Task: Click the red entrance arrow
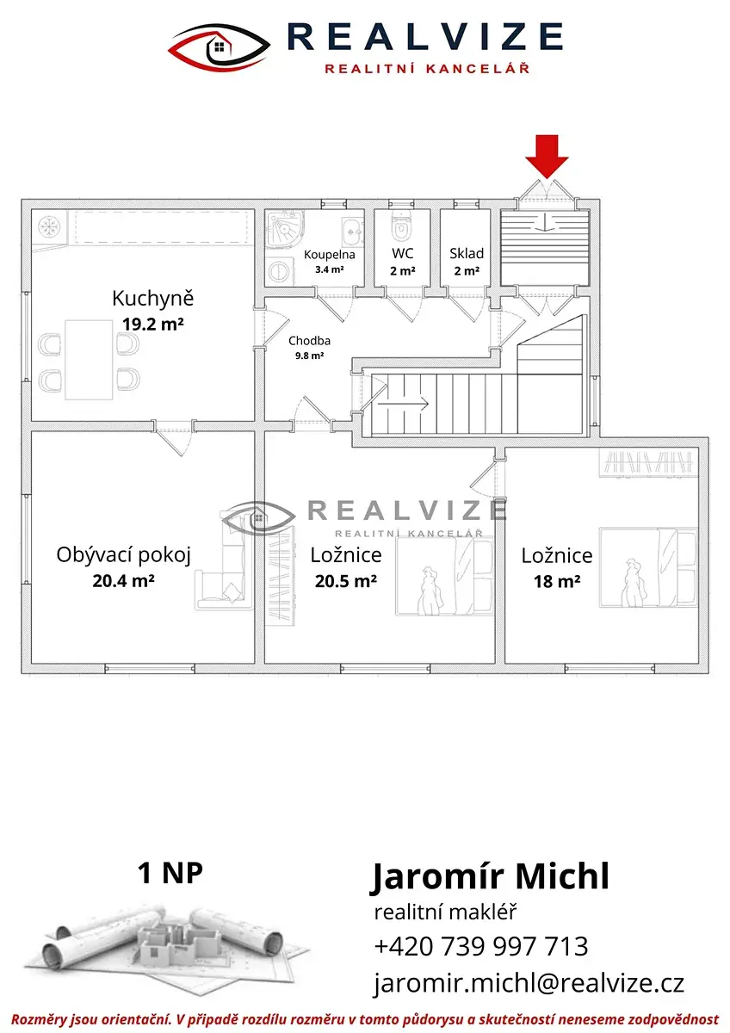click(547, 156)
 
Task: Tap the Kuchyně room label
click(152, 299)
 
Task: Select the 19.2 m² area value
click(153, 324)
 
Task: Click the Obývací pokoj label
click(124, 556)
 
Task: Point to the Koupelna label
click(329, 255)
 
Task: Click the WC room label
click(403, 253)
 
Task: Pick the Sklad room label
click(467, 253)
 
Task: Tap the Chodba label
click(309, 341)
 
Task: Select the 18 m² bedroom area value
click(557, 582)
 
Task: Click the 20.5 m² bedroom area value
click(346, 581)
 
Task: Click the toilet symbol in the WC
click(402, 226)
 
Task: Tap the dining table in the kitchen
click(89, 360)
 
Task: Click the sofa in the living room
click(226, 577)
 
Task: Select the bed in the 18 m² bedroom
click(648, 567)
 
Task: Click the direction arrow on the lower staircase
click(403, 405)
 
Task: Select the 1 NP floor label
click(170, 873)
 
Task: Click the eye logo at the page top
click(220, 48)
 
